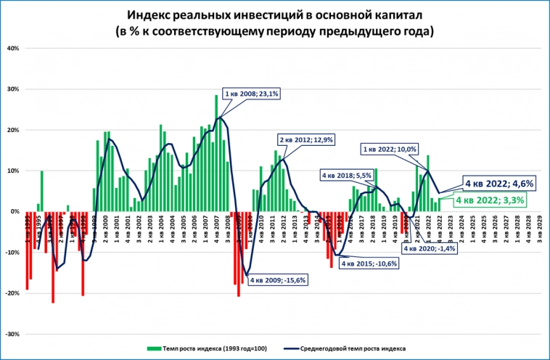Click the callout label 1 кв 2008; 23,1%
(251, 94)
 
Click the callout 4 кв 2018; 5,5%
(347, 175)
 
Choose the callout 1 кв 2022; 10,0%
(390, 149)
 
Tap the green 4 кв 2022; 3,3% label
(491, 200)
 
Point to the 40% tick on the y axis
(13, 49)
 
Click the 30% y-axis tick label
(13, 89)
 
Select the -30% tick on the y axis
(12, 335)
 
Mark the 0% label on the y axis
(15, 212)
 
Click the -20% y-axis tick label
(12, 294)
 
